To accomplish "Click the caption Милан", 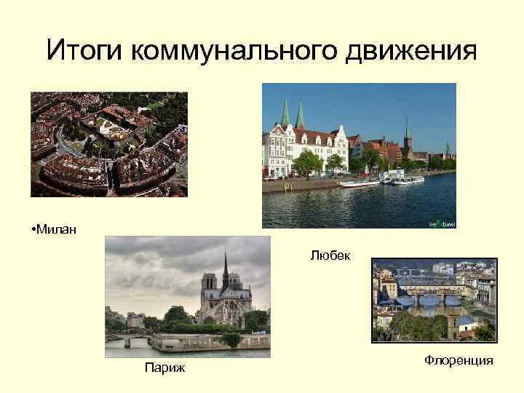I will (57, 231).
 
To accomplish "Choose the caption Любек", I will (330, 255).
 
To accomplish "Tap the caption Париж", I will (165, 368).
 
